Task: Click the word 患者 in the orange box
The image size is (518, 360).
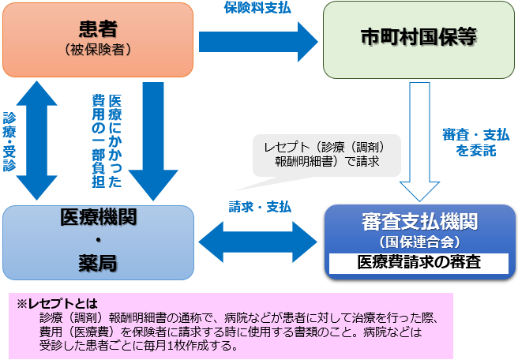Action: point(99,29)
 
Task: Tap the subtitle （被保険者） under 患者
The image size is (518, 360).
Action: point(99,49)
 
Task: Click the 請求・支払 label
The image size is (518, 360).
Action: point(260,206)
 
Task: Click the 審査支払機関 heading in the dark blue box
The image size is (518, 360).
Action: point(419,221)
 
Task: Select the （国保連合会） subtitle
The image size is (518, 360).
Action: point(419,242)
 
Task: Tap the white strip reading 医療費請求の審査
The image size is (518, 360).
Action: point(419,262)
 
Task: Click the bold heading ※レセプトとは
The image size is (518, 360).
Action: point(58,302)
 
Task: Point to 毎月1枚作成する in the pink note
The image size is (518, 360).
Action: point(193,345)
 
